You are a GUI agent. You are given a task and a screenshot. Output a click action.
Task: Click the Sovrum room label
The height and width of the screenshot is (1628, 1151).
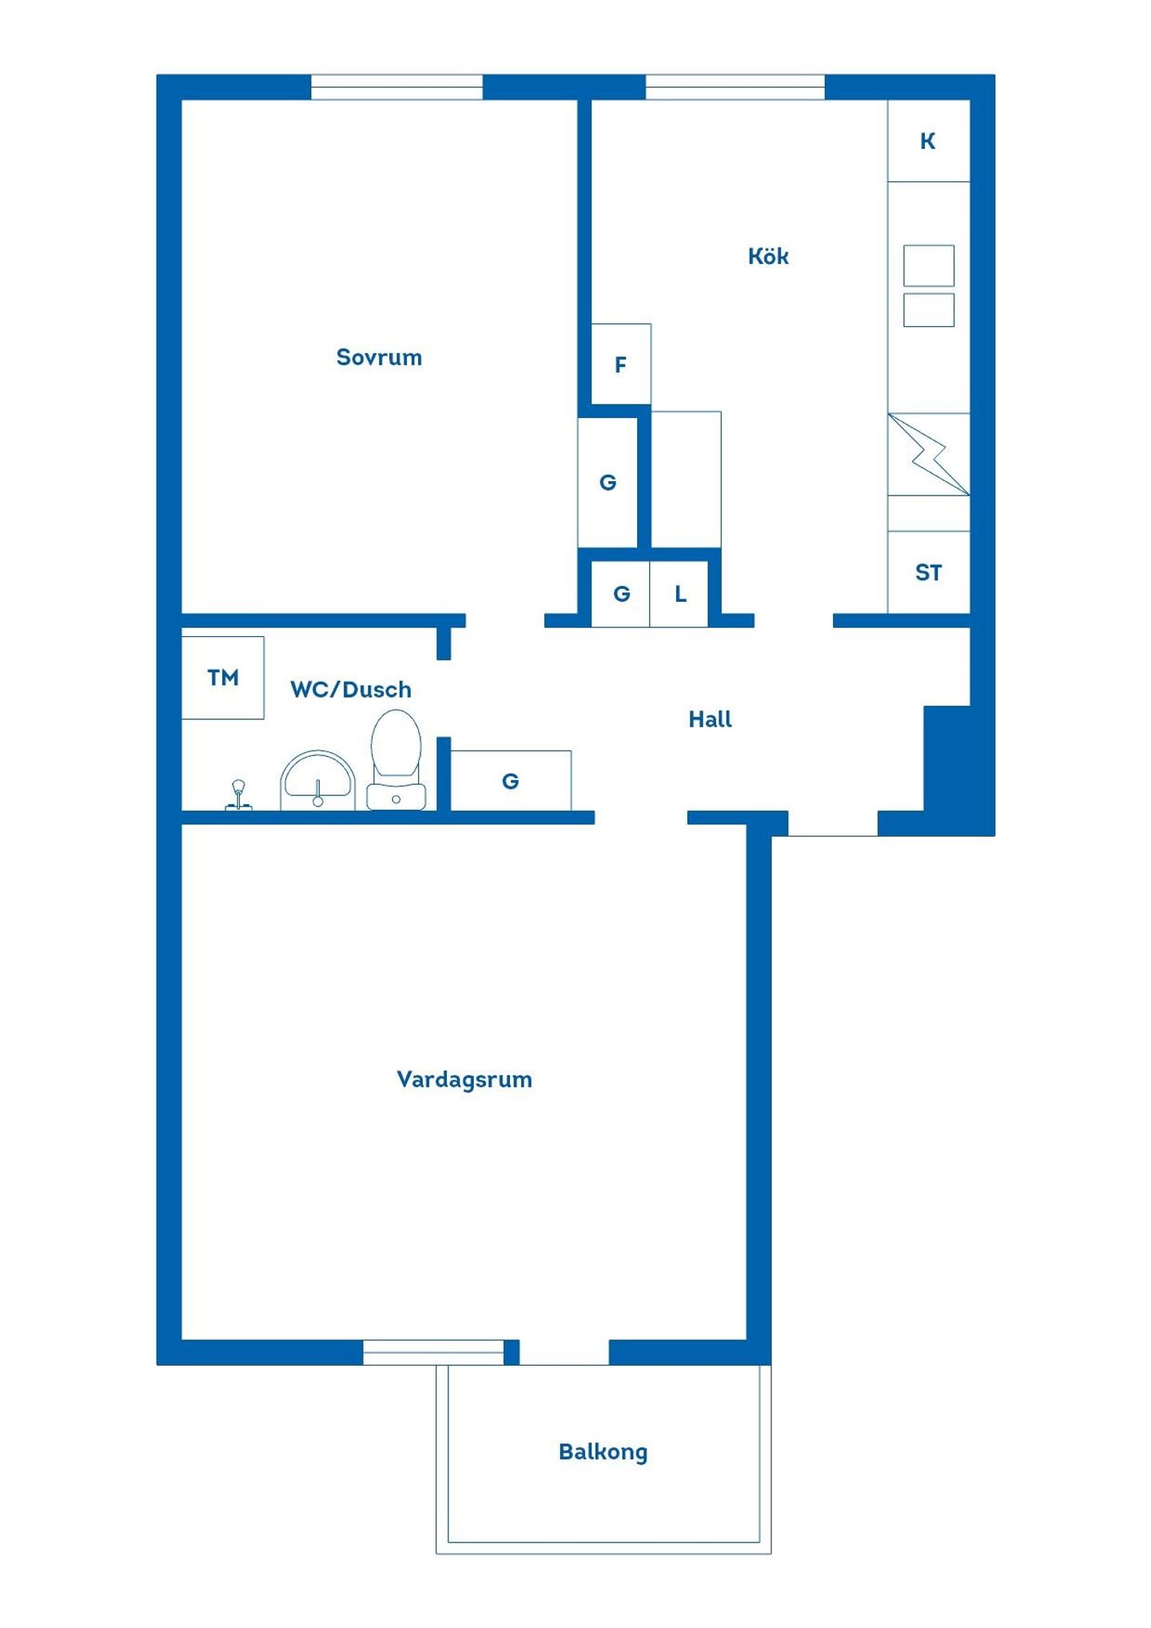[379, 357]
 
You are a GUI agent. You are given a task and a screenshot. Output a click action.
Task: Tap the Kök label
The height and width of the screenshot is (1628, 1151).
[768, 256]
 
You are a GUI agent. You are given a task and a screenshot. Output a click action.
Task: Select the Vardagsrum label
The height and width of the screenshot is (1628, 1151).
[464, 1080]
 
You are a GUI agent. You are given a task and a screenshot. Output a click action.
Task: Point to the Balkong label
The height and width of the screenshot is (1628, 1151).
[603, 1452]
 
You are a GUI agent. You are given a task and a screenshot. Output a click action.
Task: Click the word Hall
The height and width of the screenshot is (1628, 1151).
[710, 719]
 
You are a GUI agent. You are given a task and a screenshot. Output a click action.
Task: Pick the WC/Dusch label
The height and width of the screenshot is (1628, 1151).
[351, 689]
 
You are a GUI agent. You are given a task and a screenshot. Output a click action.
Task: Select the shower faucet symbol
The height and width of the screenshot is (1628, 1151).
[238, 796]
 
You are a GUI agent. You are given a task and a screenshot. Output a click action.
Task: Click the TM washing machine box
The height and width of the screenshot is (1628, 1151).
[223, 678]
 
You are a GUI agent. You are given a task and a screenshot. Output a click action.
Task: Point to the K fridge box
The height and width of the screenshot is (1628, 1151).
[929, 141]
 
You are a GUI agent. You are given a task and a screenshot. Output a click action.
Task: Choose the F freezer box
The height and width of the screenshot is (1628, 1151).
[621, 364]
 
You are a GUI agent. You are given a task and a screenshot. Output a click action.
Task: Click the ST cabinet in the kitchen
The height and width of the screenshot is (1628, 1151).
[929, 572]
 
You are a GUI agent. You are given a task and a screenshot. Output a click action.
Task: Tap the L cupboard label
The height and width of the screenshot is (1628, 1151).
[680, 594]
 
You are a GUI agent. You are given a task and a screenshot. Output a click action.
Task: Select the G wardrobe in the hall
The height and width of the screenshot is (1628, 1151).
[511, 781]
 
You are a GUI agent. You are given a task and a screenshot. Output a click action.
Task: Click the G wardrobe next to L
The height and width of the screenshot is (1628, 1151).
[621, 594]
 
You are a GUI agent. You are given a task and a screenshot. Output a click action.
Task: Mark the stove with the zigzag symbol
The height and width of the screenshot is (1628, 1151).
[929, 454]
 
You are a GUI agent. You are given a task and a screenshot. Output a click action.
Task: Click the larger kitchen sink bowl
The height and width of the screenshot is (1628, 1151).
[929, 265]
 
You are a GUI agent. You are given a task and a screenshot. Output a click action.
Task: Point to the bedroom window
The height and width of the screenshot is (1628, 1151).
[396, 87]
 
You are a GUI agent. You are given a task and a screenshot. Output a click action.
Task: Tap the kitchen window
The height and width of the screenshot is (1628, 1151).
[735, 87]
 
